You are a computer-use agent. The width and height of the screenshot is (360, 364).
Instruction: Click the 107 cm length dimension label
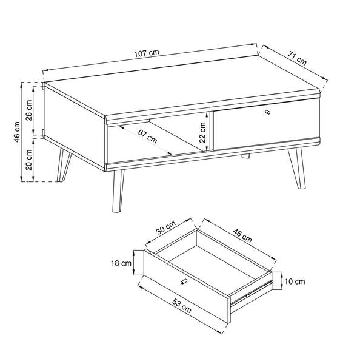[x=147, y=53]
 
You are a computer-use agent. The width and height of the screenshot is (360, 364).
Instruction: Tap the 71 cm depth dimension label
[x=297, y=58]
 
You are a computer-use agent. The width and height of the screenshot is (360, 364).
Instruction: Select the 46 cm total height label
[x=17, y=132]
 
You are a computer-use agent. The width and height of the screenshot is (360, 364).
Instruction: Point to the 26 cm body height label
[x=29, y=110]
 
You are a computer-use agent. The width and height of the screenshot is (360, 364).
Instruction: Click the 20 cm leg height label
[x=29, y=160]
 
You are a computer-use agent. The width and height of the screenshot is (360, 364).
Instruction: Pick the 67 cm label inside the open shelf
[x=147, y=136]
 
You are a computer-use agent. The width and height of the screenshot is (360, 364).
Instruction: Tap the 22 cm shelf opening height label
[x=202, y=132]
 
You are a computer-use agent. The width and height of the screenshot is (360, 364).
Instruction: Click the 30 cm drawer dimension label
[x=165, y=227]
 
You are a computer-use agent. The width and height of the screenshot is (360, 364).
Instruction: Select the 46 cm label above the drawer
[x=242, y=235]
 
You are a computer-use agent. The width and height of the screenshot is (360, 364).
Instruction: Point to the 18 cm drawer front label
[x=121, y=263]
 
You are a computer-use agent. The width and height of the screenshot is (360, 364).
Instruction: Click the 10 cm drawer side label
[x=295, y=281]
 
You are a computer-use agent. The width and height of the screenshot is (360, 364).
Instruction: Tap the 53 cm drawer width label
[x=182, y=306]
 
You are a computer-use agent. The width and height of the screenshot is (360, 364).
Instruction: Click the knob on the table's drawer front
[x=267, y=112]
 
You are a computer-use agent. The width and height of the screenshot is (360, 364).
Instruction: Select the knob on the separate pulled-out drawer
[x=184, y=281]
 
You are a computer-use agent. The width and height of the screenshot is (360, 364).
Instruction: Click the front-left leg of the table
[x=118, y=191]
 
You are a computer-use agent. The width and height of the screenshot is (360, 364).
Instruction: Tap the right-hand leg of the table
[x=298, y=168]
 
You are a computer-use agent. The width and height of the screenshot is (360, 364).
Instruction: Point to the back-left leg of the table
[x=63, y=165]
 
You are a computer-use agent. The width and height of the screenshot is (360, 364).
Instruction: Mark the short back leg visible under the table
[x=246, y=156]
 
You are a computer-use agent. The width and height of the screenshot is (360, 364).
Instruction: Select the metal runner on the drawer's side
[x=251, y=293]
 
